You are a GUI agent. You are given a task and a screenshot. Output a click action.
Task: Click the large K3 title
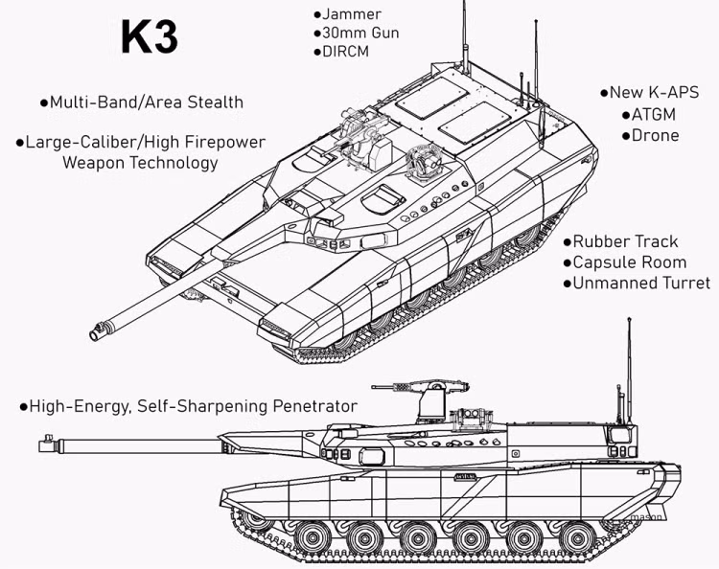(149, 36)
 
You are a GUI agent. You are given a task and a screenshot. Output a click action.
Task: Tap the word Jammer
(352, 14)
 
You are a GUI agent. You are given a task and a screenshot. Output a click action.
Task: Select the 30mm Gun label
(360, 33)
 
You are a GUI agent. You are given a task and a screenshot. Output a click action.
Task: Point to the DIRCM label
(345, 52)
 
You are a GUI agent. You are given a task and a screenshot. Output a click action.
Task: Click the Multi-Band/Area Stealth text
(147, 102)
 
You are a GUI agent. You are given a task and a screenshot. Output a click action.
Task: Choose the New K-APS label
(655, 92)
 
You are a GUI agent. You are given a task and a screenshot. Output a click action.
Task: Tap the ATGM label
(654, 115)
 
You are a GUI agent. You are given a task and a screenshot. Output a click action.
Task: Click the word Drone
(656, 136)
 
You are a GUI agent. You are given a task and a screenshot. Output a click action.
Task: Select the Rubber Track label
(625, 241)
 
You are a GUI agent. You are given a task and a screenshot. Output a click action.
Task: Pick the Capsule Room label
(630, 262)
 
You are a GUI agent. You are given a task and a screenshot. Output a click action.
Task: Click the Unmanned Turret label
(641, 284)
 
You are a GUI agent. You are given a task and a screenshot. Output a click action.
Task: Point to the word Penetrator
(314, 406)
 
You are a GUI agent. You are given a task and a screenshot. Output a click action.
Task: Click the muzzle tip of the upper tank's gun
(94, 335)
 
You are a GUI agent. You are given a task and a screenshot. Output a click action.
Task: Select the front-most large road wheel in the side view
(313, 537)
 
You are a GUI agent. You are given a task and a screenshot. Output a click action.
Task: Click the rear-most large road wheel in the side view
(578, 537)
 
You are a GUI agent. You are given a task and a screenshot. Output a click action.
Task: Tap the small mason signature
(646, 516)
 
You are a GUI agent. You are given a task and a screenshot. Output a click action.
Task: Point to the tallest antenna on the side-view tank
(630, 371)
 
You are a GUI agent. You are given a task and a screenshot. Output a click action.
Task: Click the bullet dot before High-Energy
(24, 407)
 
